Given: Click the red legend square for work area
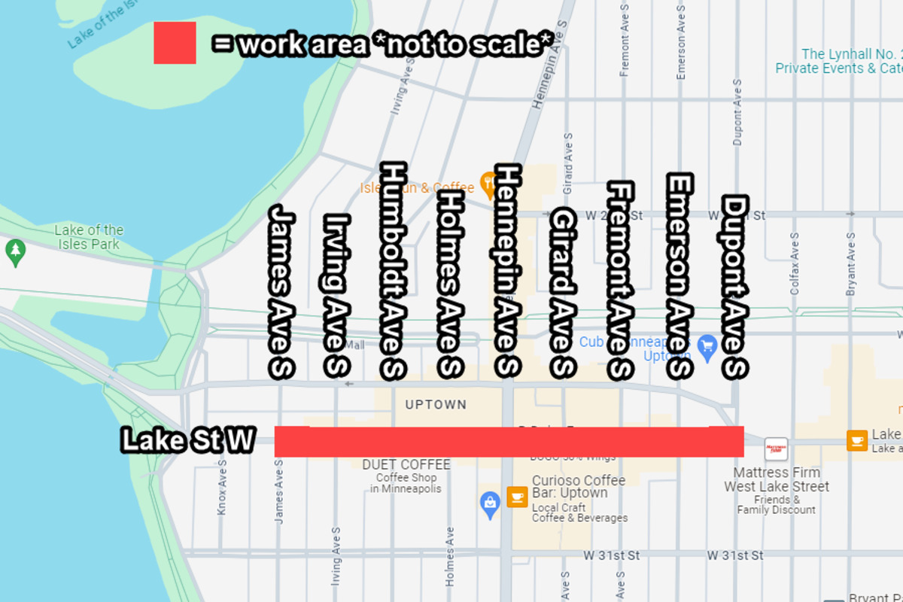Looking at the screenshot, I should tap(175, 43).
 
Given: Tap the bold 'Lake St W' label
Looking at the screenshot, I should tap(188, 441).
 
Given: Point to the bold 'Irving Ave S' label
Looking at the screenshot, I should tap(336, 295).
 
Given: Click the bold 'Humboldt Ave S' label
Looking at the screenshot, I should tap(394, 269).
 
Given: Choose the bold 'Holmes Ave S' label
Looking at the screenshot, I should tap(449, 283).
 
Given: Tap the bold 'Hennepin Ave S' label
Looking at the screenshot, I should tap(507, 270).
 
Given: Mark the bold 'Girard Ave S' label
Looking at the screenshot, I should tap(563, 293).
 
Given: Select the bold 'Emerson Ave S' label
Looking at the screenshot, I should tap(680, 276).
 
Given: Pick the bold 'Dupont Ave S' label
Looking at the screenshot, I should tap(734, 287).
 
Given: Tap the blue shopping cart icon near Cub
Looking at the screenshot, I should tap(706, 345).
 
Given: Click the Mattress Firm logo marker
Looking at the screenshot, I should tap(776, 449).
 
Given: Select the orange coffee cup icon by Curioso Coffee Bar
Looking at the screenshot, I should tap(517, 496).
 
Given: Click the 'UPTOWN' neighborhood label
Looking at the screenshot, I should tap(436, 405).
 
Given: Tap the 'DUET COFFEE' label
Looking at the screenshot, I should tap(406, 465).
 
